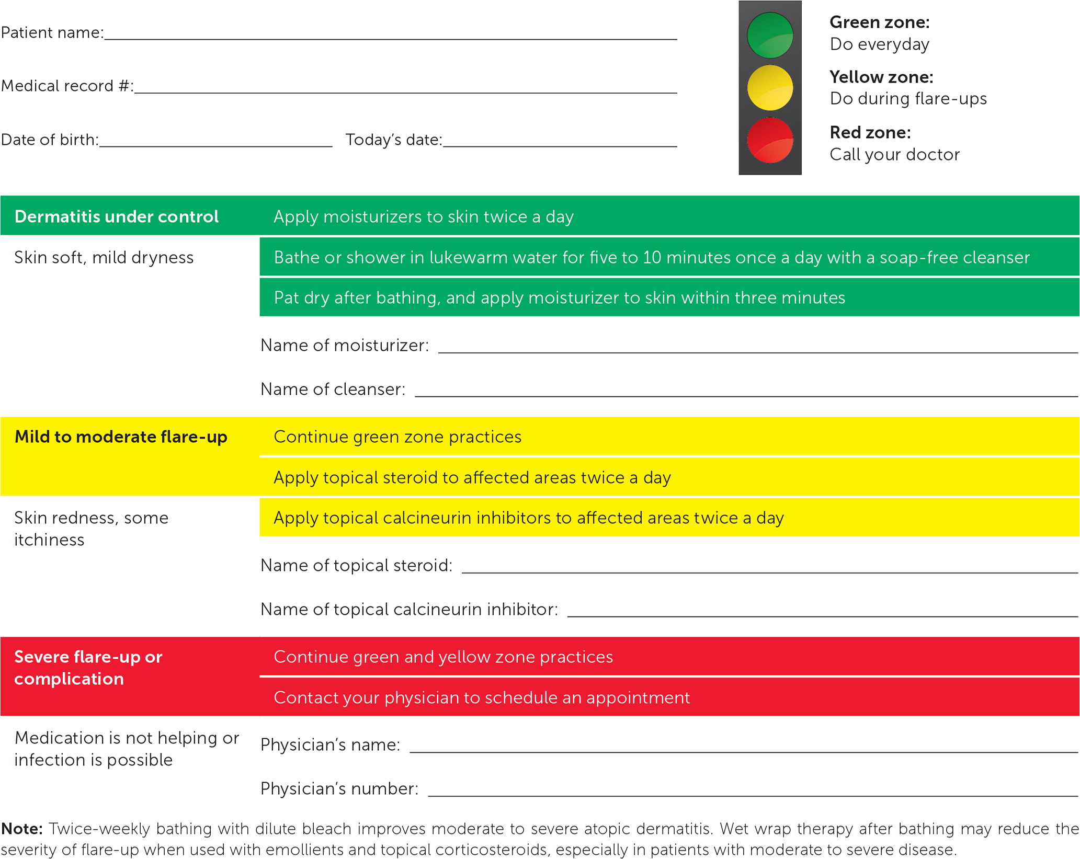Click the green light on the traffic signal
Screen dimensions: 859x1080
point(770,35)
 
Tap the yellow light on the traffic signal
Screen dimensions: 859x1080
point(770,87)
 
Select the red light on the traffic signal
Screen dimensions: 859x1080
point(770,140)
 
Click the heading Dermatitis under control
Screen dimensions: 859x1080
point(116,216)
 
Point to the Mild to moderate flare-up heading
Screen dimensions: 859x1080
point(121,437)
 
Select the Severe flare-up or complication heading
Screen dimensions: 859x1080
point(88,668)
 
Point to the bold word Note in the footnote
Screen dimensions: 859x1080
point(22,829)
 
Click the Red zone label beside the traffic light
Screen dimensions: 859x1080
point(870,132)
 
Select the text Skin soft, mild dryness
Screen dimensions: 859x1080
point(104,257)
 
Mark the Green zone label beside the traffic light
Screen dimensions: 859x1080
point(879,22)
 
